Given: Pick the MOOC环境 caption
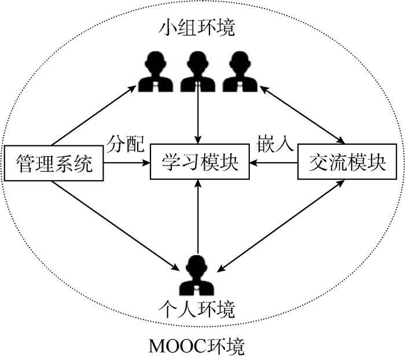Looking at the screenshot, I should tap(197, 347).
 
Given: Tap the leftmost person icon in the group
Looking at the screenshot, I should tap(154, 72).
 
